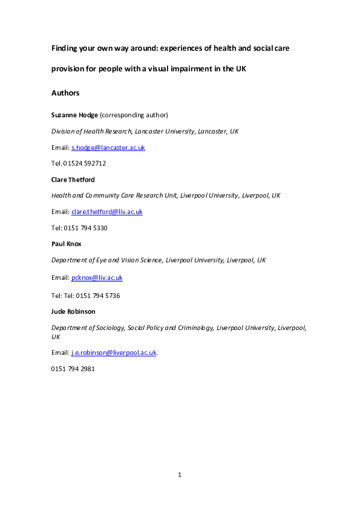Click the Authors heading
click(65, 93)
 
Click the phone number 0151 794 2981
click(73, 369)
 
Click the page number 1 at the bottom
click(180, 475)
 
